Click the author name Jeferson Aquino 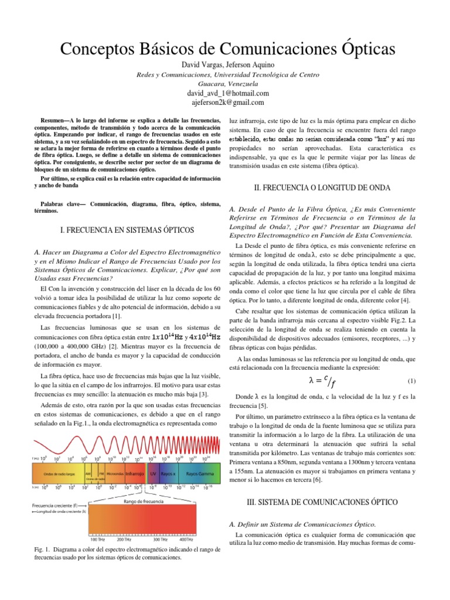tap(250, 64)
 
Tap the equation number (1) tap(411, 381)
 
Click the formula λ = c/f tap(323, 382)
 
